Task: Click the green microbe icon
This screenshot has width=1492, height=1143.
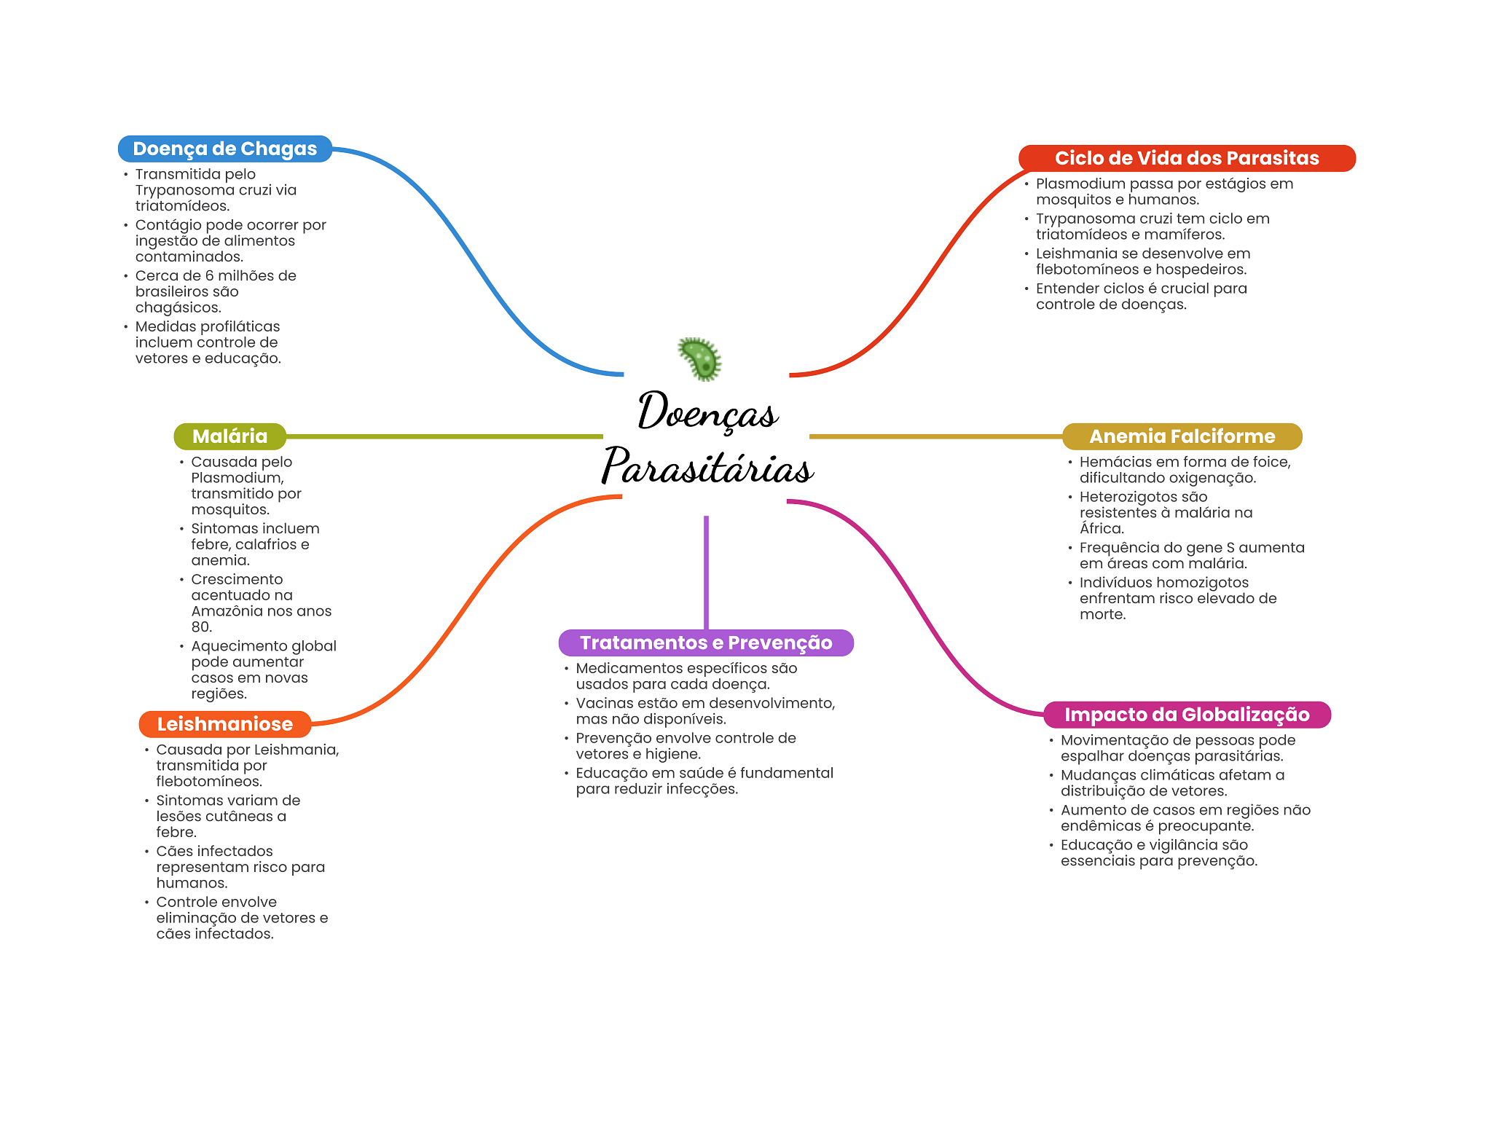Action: coord(700,358)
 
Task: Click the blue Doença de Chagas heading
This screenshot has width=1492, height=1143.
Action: coord(225,149)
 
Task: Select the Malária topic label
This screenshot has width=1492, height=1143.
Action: coord(230,436)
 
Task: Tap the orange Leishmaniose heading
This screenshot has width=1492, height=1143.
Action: coord(225,724)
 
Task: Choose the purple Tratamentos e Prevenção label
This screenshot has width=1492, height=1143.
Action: coord(706,643)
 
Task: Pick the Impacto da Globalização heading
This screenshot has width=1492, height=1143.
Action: coord(1187,715)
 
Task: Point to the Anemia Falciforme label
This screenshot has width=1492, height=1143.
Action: coord(1182,436)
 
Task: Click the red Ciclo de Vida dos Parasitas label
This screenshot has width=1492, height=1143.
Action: coord(1187,158)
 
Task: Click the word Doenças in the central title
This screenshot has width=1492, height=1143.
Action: coord(708,412)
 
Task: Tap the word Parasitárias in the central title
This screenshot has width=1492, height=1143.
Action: coord(707,466)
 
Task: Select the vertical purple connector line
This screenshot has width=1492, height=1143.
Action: coord(706,573)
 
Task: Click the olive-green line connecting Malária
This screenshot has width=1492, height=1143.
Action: coord(444,436)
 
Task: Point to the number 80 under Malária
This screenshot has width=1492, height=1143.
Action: coord(201,627)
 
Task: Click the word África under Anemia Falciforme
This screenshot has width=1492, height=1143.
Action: coord(1102,528)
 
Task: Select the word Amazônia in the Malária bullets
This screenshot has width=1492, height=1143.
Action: coord(225,611)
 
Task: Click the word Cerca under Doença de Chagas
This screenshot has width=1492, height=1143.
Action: coord(157,275)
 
